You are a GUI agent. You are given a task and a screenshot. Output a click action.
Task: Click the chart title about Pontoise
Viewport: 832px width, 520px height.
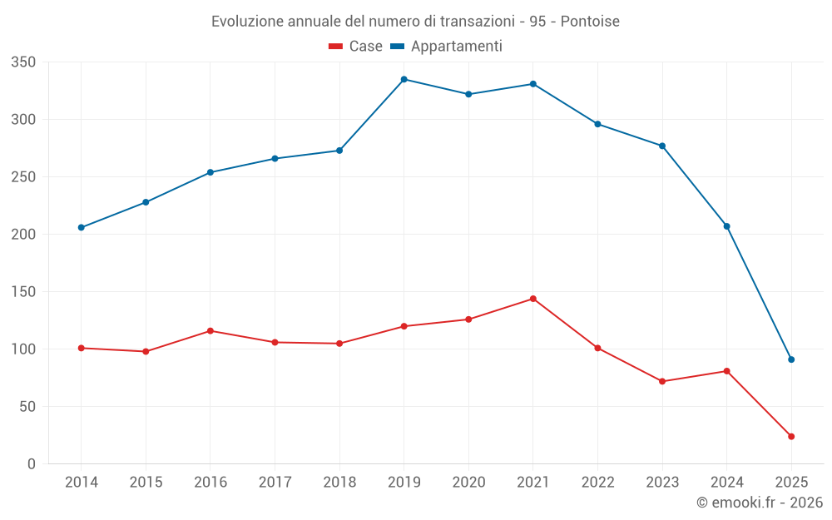(415, 21)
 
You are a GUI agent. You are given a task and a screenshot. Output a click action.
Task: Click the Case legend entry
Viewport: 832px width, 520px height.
(356, 47)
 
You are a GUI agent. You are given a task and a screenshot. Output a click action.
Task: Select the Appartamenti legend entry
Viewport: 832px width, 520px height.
(447, 47)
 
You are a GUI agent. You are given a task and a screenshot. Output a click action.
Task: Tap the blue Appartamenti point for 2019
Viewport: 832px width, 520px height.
(404, 79)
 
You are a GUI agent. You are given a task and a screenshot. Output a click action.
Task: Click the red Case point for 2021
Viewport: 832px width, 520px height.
(533, 299)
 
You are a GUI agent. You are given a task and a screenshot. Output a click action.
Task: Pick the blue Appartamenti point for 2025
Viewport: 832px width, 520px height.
(791, 359)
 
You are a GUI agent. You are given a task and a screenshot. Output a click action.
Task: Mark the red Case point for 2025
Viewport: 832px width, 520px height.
(791, 436)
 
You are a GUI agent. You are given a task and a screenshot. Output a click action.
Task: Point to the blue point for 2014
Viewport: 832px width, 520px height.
(82, 227)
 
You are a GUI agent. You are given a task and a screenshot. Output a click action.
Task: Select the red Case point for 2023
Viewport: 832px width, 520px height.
(662, 381)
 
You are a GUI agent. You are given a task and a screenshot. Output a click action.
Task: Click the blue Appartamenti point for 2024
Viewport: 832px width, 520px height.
(727, 226)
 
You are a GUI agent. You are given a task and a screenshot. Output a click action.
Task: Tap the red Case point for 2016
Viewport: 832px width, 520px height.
(210, 331)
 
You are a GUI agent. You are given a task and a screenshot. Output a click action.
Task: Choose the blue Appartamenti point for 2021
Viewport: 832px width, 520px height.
(533, 84)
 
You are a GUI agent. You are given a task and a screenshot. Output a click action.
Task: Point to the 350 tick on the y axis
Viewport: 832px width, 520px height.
(23, 62)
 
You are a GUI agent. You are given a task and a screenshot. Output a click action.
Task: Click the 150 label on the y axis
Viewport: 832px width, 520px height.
(23, 292)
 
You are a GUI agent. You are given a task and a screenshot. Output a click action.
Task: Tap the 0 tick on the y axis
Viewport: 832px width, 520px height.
(31, 464)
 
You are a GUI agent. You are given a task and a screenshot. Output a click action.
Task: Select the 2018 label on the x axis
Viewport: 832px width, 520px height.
(339, 483)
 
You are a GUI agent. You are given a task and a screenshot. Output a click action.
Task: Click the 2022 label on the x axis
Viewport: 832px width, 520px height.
(597, 483)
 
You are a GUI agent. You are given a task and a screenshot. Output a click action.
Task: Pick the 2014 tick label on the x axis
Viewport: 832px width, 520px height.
(82, 483)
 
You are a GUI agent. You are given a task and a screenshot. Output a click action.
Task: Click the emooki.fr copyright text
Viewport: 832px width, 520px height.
(759, 503)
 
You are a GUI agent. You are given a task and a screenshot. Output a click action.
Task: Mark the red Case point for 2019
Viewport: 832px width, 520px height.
(404, 326)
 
